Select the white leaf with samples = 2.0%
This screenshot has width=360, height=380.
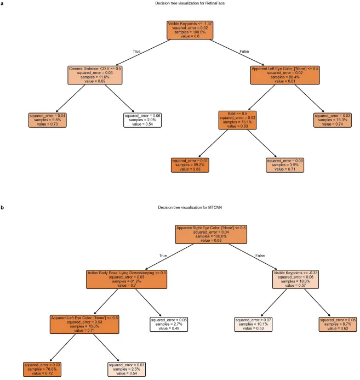142,120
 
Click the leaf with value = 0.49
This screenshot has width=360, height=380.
170,325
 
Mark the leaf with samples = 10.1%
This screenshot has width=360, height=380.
253,325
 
